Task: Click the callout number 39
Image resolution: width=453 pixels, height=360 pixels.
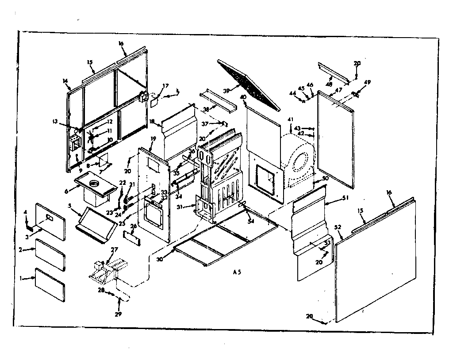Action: tap(227, 90)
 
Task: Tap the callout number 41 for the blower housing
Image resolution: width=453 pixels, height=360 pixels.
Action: tap(290, 119)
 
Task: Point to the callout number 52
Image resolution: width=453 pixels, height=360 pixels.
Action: tap(338, 227)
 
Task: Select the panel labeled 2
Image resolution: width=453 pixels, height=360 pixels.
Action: tap(50, 255)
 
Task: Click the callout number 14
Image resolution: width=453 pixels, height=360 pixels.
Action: tap(65, 81)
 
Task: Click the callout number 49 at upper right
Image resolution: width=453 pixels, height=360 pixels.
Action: tap(367, 82)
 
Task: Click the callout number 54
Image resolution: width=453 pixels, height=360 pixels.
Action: tap(251, 221)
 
